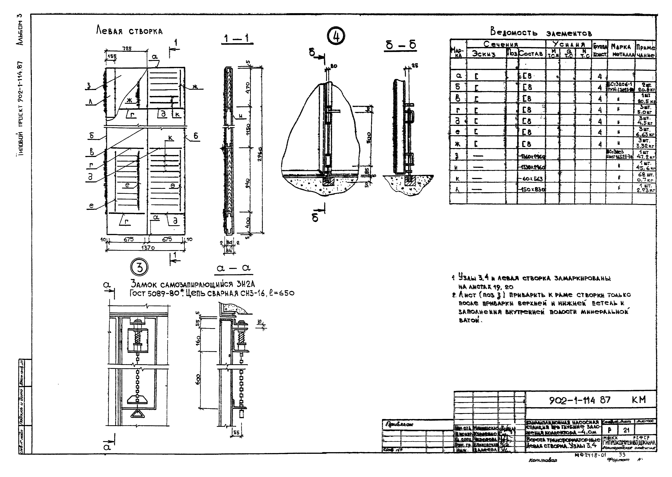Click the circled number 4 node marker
click(336, 37)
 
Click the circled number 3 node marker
click(139, 268)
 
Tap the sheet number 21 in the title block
click(626, 430)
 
